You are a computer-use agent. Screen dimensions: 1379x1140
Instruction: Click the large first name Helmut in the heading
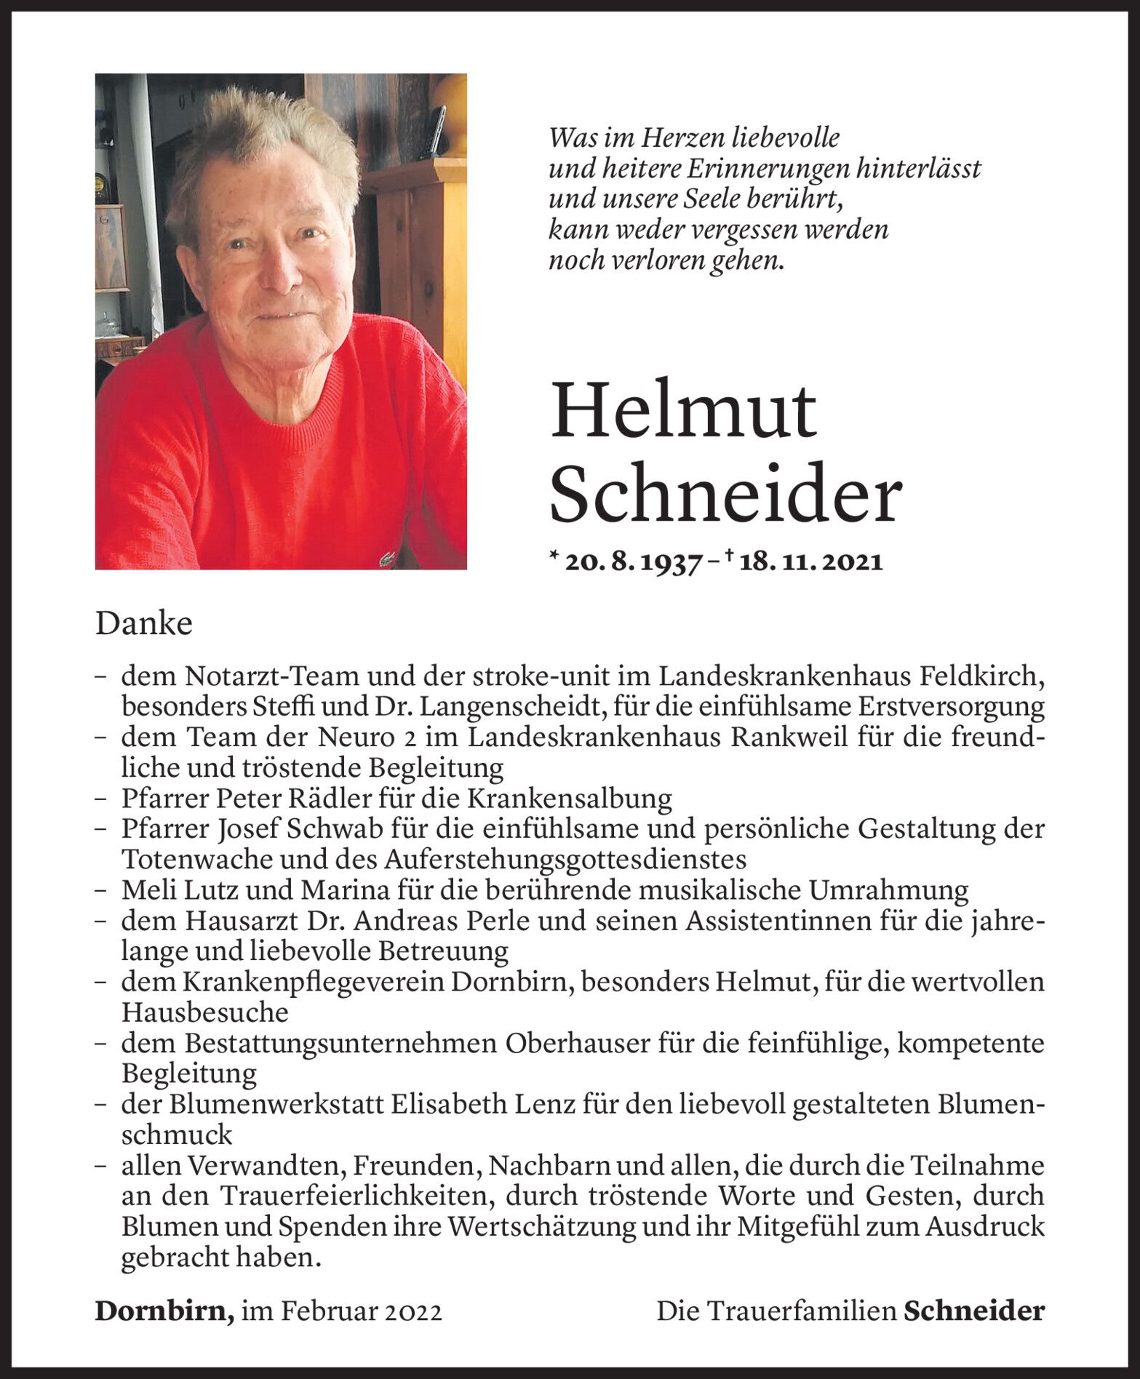(x=684, y=412)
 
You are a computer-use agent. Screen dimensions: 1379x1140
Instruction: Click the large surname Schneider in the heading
(x=725, y=495)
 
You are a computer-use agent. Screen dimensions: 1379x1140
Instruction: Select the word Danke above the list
(x=144, y=625)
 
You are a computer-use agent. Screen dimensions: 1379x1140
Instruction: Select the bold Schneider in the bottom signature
(x=974, y=1311)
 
